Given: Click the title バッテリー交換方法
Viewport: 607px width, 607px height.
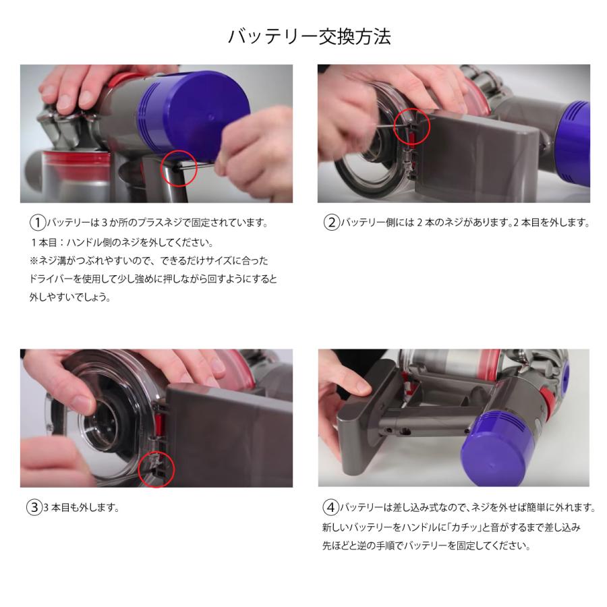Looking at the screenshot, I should click(x=309, y=36).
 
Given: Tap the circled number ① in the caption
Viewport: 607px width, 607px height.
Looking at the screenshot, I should click(x=37, y=223).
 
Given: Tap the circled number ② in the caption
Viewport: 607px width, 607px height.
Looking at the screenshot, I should click(x=330, y=223).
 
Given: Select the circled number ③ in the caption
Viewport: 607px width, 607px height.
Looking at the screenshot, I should click(x=34, y=508).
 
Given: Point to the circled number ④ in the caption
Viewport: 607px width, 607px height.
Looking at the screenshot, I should click(x=330, y=508).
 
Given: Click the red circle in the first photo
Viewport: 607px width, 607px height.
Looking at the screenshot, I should click(x=179, y=168).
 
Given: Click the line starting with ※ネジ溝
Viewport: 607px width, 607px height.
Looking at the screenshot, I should click(x=148, y=260).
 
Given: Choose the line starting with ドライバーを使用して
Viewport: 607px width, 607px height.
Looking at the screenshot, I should click(x=152, y=279).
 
